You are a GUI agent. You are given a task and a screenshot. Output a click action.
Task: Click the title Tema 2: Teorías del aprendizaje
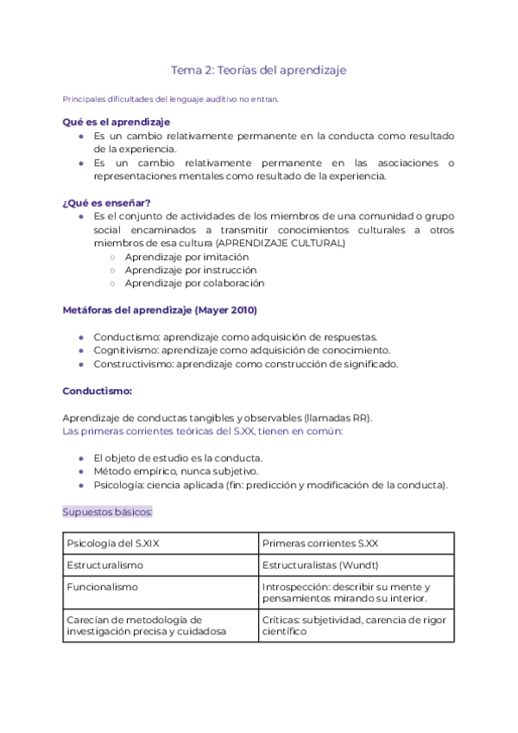[258, 70]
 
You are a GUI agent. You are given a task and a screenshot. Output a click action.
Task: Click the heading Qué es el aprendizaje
[116, 122]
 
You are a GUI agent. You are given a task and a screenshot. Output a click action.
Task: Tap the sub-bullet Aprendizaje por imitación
[186, 257]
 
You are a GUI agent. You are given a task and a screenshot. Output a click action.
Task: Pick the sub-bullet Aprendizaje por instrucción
[191, 270]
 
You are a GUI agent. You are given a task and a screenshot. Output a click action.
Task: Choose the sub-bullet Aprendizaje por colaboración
[194, 283]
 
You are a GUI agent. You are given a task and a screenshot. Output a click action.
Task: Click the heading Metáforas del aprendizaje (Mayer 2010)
[159, 309]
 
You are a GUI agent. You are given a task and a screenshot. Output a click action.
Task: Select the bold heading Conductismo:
[97, 391]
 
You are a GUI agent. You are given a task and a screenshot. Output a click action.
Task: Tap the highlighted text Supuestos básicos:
[107, 512]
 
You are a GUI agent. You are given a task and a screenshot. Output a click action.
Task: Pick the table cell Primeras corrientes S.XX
[319, 544]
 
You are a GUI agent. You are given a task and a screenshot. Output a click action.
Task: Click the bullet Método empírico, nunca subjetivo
[176, 471]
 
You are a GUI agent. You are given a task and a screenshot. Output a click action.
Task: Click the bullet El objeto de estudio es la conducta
[177, 457]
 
